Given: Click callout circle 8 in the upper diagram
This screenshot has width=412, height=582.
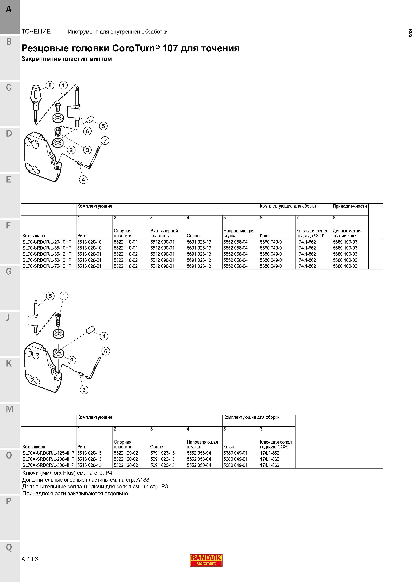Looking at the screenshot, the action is (50, 85).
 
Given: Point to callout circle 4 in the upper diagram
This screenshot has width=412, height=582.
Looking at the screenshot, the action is (83, 180).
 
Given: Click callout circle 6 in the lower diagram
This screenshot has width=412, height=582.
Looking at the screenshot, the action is (106, 351).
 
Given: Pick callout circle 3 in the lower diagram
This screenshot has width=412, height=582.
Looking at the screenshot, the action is (84, 390).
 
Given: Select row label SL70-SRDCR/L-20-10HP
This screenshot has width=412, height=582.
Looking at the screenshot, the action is (47, 242).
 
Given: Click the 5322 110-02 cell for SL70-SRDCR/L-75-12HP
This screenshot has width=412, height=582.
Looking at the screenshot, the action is (126, 266).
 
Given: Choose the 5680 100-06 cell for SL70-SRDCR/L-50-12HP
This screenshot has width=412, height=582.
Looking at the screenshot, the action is (345, 260).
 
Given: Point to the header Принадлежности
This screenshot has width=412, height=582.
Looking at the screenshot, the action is (350, 206).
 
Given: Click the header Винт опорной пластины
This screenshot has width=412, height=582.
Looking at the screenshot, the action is (164, 233).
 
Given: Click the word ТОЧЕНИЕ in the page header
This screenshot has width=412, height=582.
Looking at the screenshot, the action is (36, 31).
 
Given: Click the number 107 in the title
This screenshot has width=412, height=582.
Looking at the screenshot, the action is (170, 48).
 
